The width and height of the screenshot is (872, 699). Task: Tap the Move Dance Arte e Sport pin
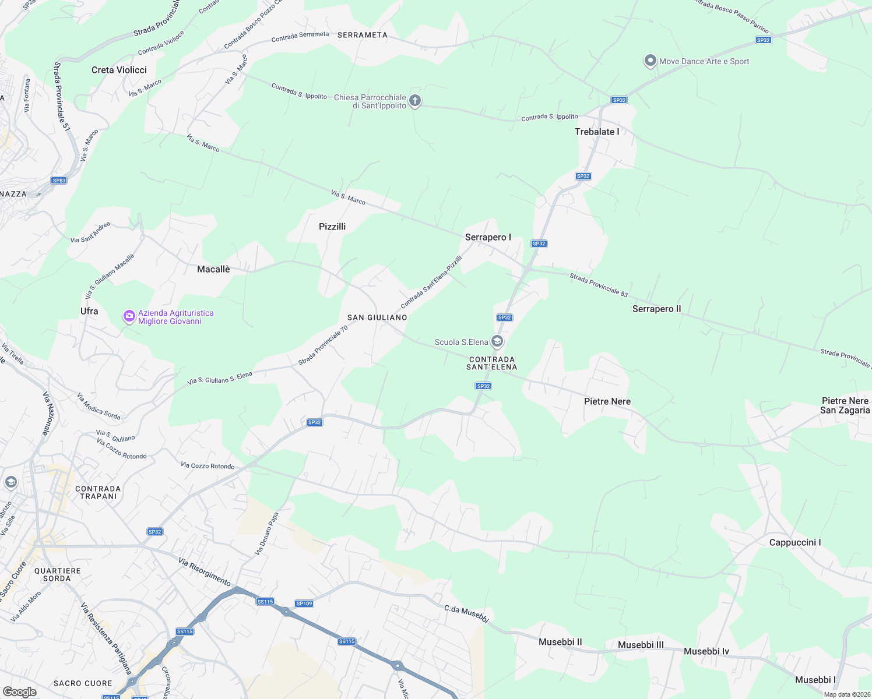click(650, 61)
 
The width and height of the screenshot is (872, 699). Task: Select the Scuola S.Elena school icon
click(497, 341)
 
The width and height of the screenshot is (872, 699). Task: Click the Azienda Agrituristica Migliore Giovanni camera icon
click(129, 316)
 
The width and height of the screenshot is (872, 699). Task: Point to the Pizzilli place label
click(332, 227)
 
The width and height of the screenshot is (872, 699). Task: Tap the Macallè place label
click(213, 269)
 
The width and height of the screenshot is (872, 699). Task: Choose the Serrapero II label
click(656, 309)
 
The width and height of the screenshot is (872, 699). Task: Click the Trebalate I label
click(597, 132)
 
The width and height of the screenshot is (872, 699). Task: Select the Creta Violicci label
click(119, 70)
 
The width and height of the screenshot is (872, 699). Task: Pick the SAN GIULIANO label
click(377, 317)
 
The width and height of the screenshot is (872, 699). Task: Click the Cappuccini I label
click(795, 542)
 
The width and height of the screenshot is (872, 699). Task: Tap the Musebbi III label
click(641, 645)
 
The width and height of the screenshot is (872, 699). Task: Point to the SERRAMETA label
click(362, 35)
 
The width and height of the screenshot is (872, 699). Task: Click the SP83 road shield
click(59, 181)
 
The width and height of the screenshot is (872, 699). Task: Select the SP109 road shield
click(304, 603)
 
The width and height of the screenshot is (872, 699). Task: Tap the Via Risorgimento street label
click(205, 571)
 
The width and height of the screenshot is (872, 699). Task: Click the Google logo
click(19, 692)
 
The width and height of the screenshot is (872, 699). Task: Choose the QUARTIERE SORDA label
click(57, 574)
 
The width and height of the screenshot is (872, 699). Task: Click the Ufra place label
click(89, 311)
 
